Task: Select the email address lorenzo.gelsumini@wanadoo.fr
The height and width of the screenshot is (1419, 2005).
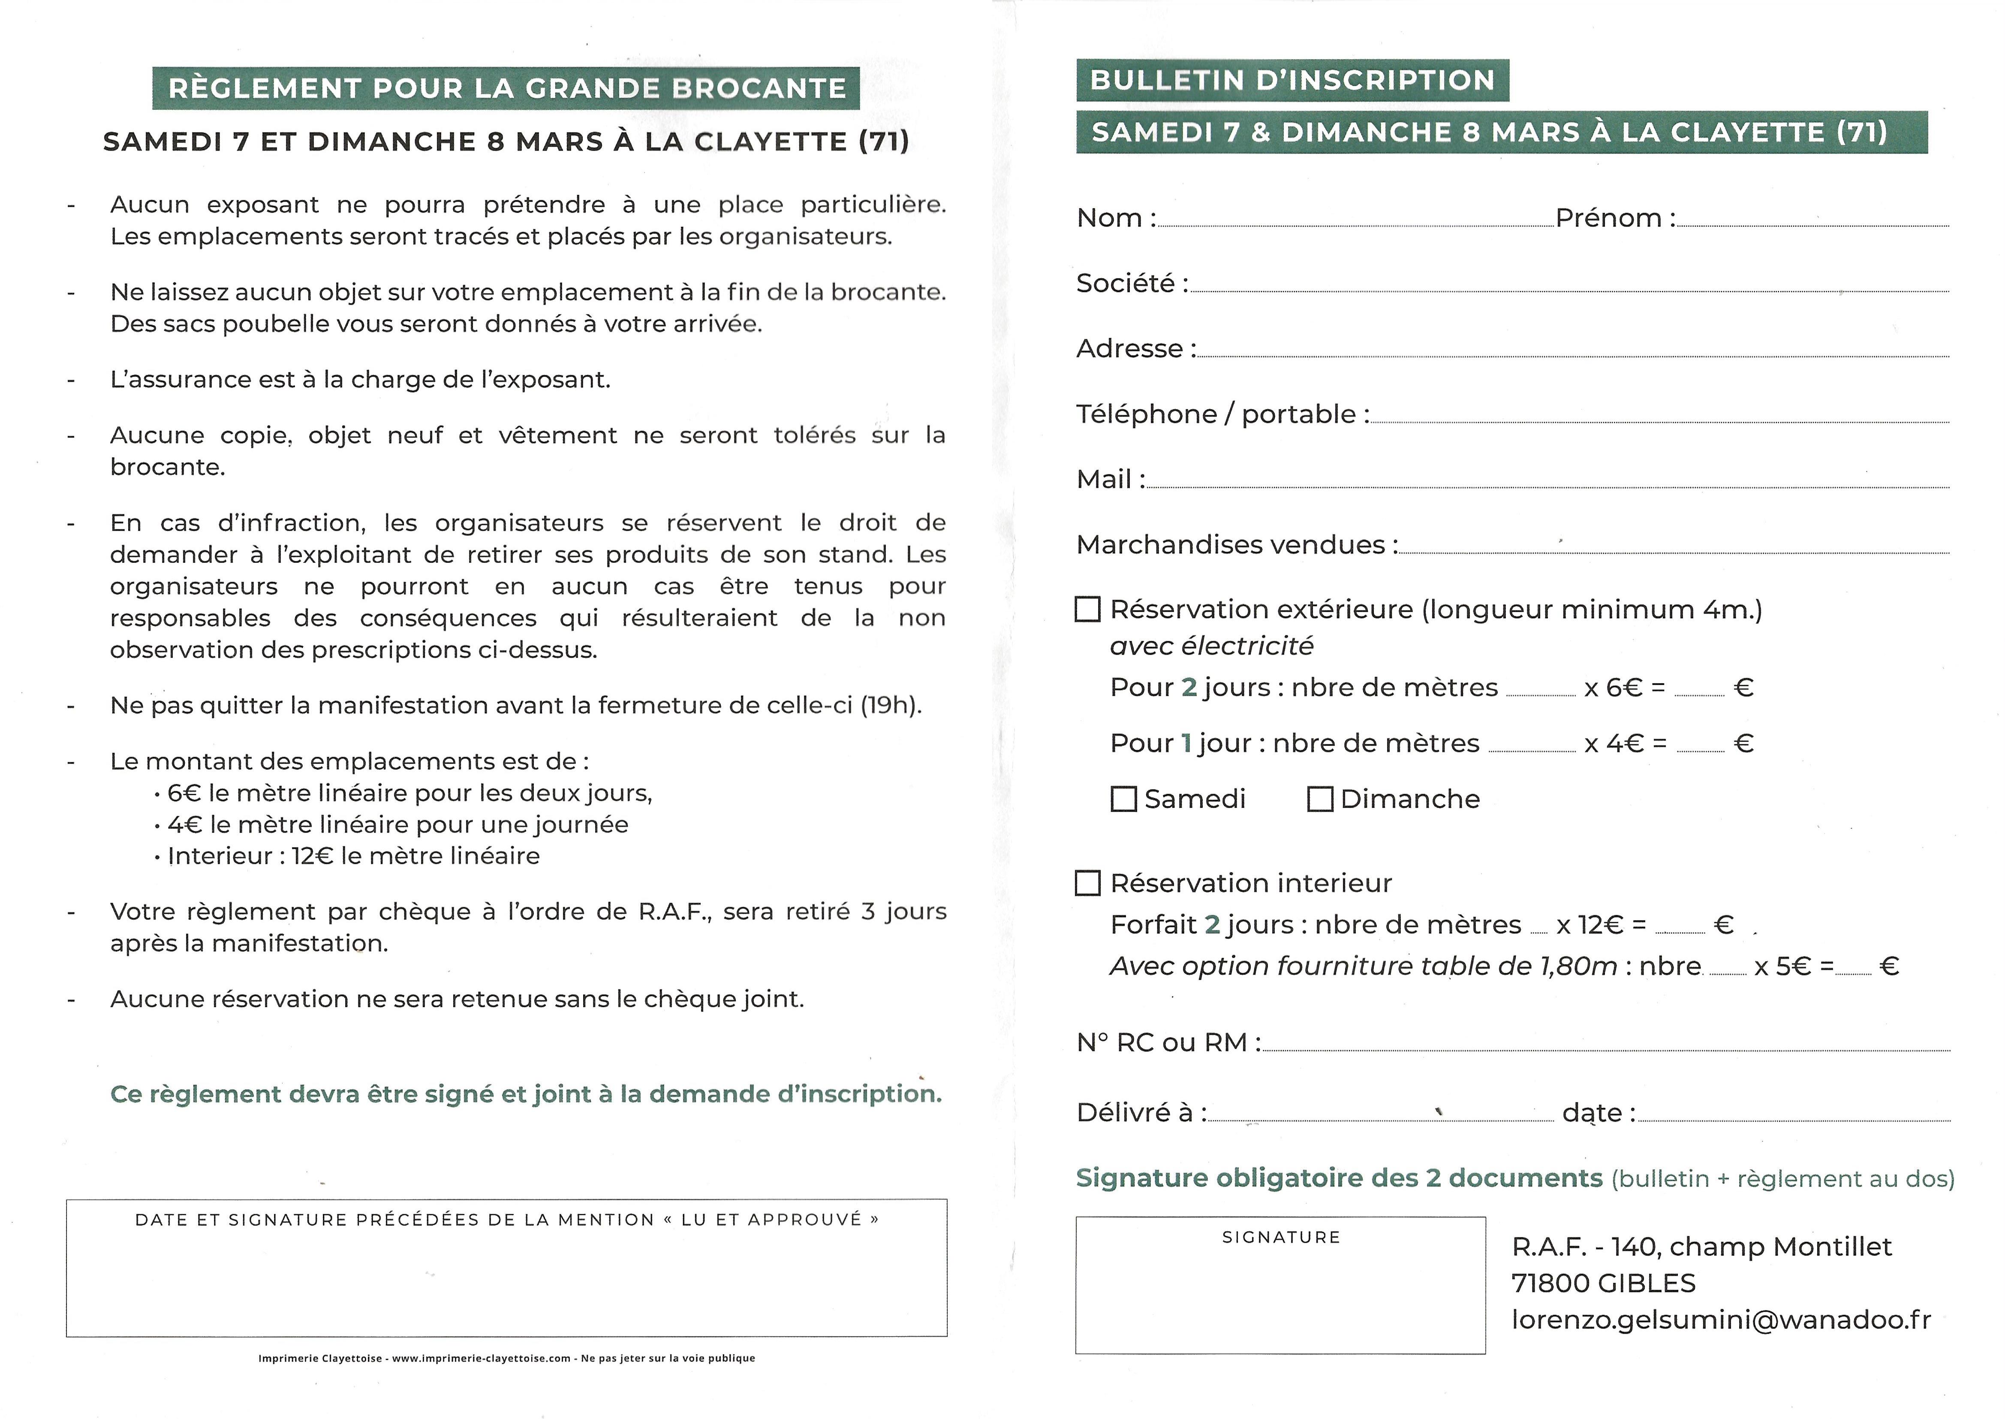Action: click(x=1720, y=1319)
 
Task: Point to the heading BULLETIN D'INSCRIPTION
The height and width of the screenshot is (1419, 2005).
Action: click(x=1292, y=80)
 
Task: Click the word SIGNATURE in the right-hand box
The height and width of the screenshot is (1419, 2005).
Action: click(x=1281, y=1237)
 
